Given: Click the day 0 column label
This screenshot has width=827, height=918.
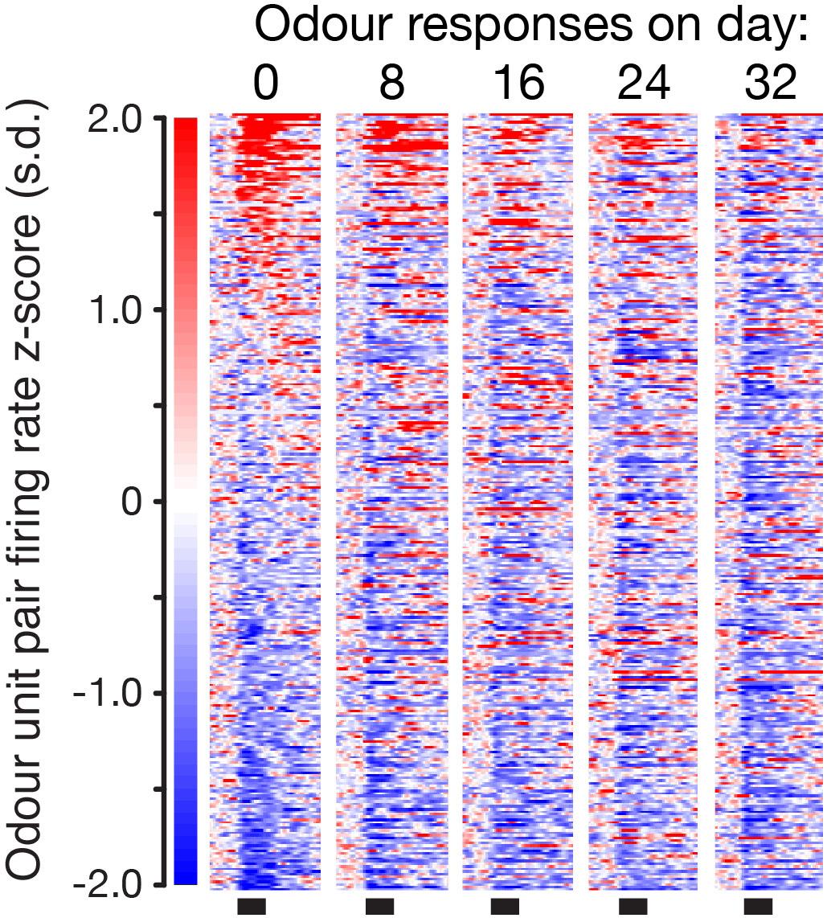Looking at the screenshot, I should pos(265,83).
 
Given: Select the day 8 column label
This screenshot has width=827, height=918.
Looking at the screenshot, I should pos(391,83).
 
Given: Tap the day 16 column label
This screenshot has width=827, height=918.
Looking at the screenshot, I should pos(518,83).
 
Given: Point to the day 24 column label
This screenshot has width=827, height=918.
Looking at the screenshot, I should pos(644,83).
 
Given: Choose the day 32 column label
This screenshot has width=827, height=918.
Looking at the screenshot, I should pos(770,83).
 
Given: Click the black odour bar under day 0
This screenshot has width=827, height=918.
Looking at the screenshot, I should pos(252,907).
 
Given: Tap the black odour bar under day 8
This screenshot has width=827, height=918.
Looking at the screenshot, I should pos(379,907).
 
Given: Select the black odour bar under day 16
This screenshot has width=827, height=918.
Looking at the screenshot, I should pos(505,907).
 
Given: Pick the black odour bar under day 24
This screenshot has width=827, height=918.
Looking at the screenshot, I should pos(633,907).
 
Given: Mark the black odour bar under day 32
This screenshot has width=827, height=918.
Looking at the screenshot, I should pos(758,907).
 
